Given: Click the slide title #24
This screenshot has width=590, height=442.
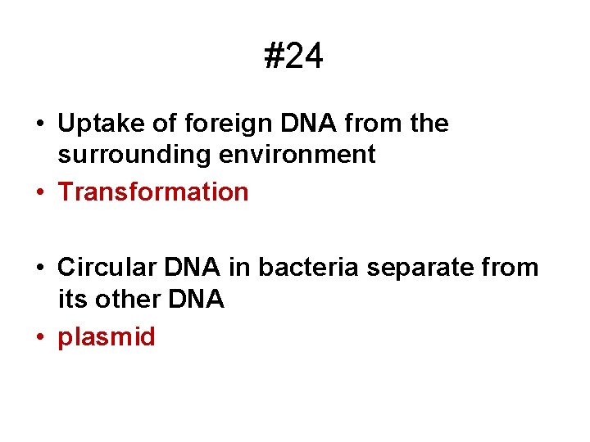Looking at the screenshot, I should (294, 57).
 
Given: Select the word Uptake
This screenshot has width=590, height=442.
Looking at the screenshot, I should (98, 124).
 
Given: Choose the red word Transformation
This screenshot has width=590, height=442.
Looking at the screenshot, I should (153, 192).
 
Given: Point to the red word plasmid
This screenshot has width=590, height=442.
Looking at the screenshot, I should (106, 337).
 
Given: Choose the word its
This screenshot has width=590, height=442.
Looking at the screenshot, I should (70, 299).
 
